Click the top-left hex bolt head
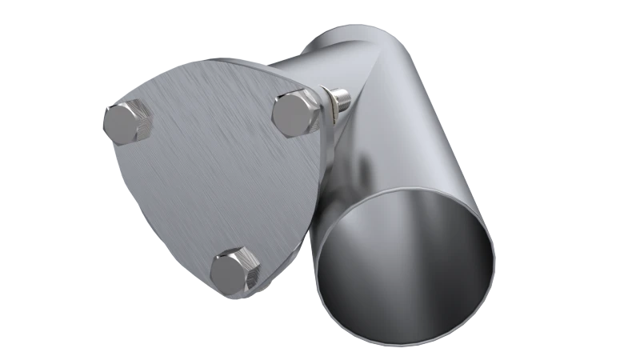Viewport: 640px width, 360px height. [126, 122]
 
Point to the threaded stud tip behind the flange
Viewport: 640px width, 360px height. [346, 98]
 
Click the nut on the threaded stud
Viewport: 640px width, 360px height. [330, 102]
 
